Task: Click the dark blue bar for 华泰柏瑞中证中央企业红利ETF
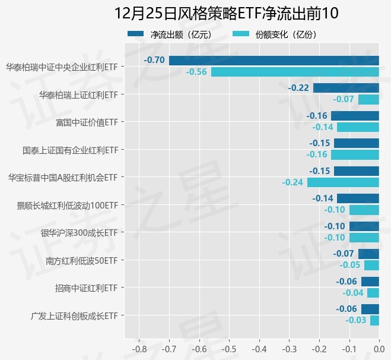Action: [274, 60]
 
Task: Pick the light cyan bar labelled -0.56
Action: [295, 72]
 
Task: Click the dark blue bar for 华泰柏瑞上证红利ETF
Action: [346, 88]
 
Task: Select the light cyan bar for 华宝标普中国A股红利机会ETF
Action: [343, 182]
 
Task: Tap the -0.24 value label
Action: [293, 182]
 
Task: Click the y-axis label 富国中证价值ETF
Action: [86, 122]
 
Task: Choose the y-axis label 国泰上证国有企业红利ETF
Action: [70, 150]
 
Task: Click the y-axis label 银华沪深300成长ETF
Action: [79, 232]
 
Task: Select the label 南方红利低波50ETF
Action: [81, 260]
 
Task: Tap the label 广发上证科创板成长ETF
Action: [74, 315]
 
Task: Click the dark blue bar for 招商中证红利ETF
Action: [370, 282]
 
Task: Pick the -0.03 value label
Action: [355, 321]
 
